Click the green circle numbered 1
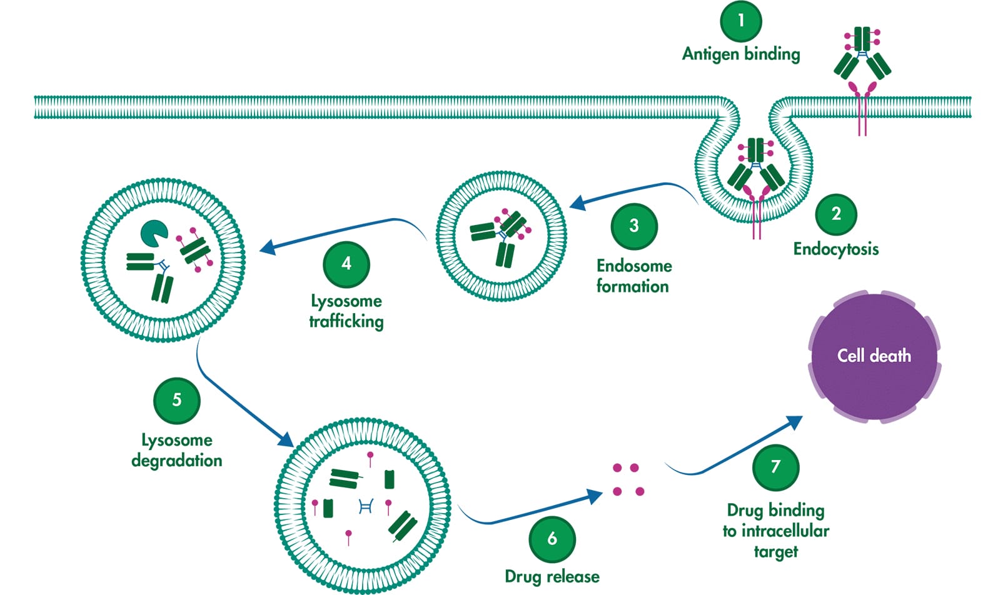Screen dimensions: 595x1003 (741, 21)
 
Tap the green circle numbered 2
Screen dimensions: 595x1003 (836, 214)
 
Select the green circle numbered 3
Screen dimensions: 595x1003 (634, 226)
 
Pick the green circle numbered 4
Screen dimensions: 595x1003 (346, 264)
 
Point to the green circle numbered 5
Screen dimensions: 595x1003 (177, 400)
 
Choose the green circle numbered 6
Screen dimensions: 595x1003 (552, 539)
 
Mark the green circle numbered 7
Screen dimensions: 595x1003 (775, 467)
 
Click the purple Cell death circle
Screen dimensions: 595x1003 (874, 356)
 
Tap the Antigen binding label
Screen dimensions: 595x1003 (741, 54)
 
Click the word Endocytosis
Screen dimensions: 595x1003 (835, 249)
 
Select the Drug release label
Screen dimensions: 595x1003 (552, 576)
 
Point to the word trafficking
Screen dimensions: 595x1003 (346, 321)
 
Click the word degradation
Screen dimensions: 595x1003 (177, 461)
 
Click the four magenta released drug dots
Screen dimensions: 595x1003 (628, 479)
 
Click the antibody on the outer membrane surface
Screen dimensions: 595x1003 (862, 59)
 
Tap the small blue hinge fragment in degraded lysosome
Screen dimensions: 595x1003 (366, 506)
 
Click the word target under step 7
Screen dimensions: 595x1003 (775, 552)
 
